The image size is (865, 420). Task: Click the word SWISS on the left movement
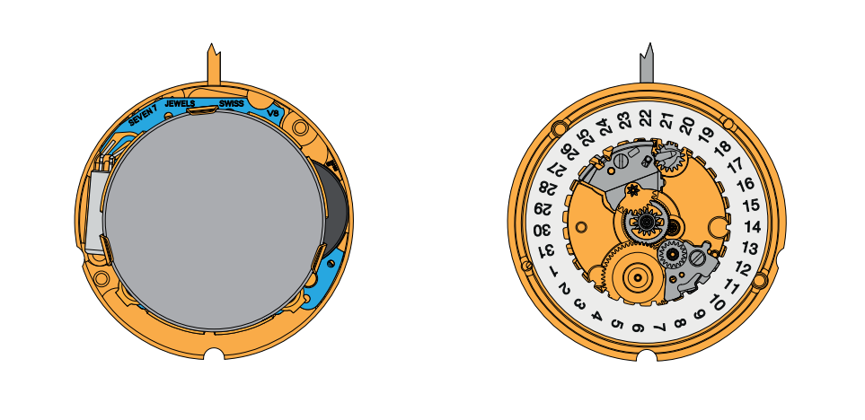click(231, 103)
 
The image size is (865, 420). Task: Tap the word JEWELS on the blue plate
click(180, 103)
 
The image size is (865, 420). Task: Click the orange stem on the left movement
click(214, 65)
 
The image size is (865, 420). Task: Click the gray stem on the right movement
click(647, 64)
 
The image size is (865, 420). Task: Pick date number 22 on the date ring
click(645, 118)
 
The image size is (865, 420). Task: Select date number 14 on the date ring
click(753, 226)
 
